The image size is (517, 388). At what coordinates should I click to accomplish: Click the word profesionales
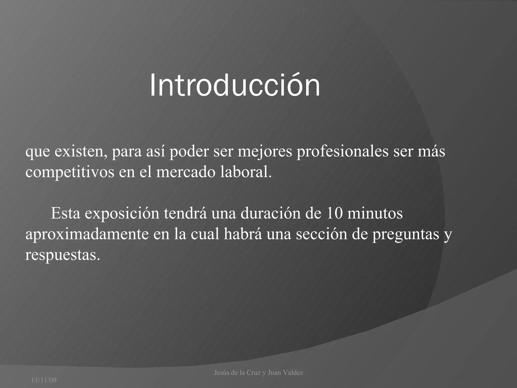(342, 152)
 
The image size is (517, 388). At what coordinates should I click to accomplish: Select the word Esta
(65, 213)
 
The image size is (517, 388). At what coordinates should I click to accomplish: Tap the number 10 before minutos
(334, 213)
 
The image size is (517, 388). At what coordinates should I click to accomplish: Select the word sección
(322, 234)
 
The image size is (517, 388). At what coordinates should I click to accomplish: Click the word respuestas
(63, 255)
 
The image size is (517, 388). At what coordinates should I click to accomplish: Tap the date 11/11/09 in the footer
(44, 380)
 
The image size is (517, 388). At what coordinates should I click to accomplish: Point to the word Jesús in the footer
(222, 373)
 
